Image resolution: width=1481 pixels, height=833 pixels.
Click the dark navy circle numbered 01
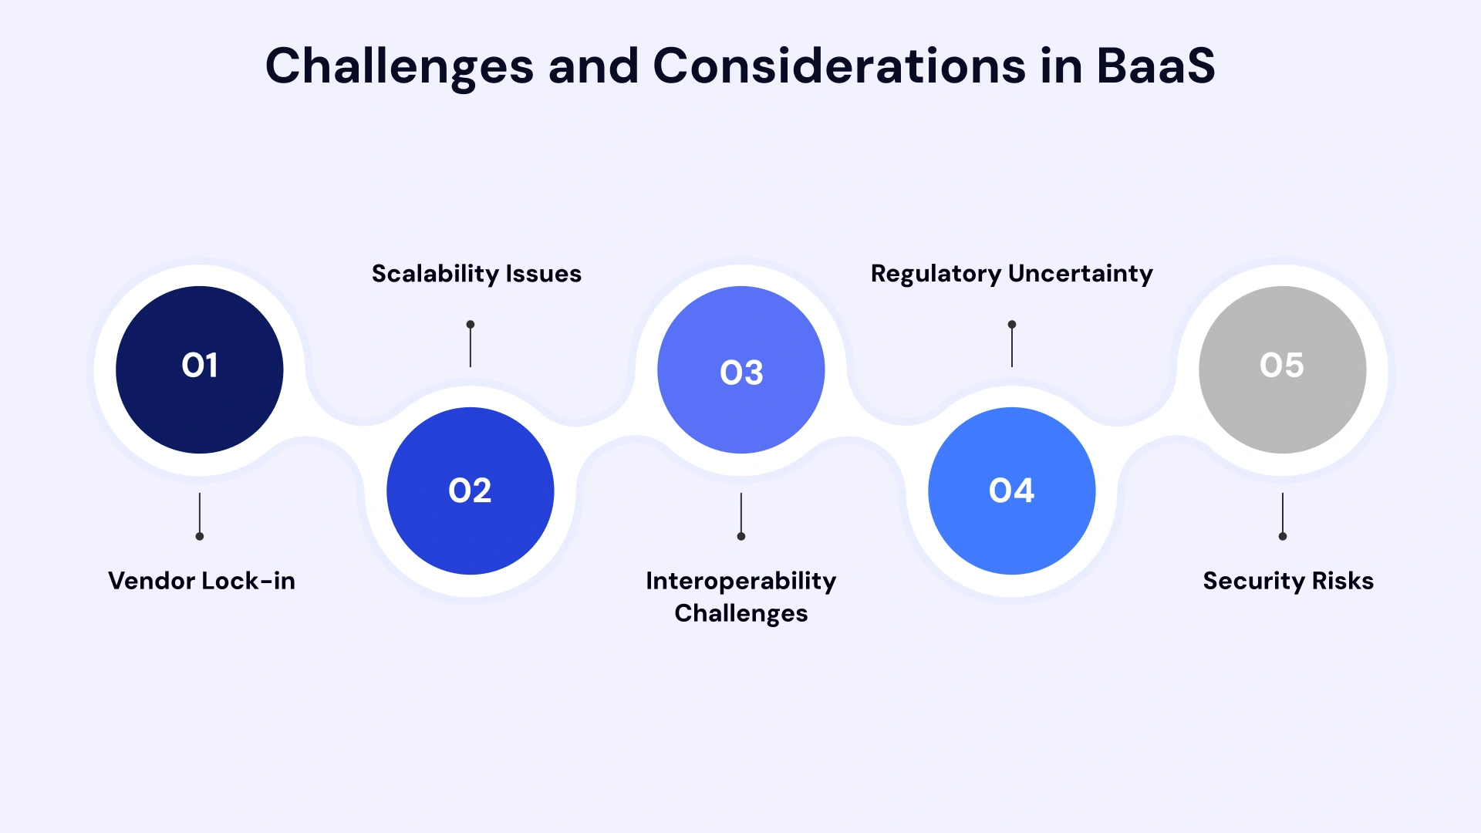click(200, 369)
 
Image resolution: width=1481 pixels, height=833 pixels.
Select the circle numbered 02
click(471, 491)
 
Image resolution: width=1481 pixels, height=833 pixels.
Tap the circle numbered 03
click(741, 369)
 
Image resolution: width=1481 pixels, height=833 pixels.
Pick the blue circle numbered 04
click(1012, 491)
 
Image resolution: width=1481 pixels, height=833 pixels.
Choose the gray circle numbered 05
click(1282, 369)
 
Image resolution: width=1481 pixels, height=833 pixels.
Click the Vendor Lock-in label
click(201, 581)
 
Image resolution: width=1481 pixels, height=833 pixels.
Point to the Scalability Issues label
click(477, 274)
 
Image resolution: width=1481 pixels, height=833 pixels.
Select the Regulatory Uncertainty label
click(1011, 274)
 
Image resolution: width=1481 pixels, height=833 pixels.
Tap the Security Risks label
click(1288, 581)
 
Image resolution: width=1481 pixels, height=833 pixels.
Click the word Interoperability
click(741, 581)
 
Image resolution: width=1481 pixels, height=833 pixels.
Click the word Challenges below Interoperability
click(741, 614)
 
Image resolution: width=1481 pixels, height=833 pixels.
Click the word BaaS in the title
click(1155, 66)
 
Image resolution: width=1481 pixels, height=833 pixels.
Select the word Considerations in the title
click(839, 66)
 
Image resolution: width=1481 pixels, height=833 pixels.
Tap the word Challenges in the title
click(400, 66)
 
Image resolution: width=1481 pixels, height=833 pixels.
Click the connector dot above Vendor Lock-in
click(200, 536)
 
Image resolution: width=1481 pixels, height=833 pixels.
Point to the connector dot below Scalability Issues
click(471, 325)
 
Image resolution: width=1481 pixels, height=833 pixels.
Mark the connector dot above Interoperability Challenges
click(741, 536)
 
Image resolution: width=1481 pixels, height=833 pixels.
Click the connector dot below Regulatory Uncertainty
click(1012, 325)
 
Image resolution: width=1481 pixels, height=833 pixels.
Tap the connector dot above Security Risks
click(1283, 536)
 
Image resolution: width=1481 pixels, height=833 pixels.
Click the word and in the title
click(593, 66)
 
